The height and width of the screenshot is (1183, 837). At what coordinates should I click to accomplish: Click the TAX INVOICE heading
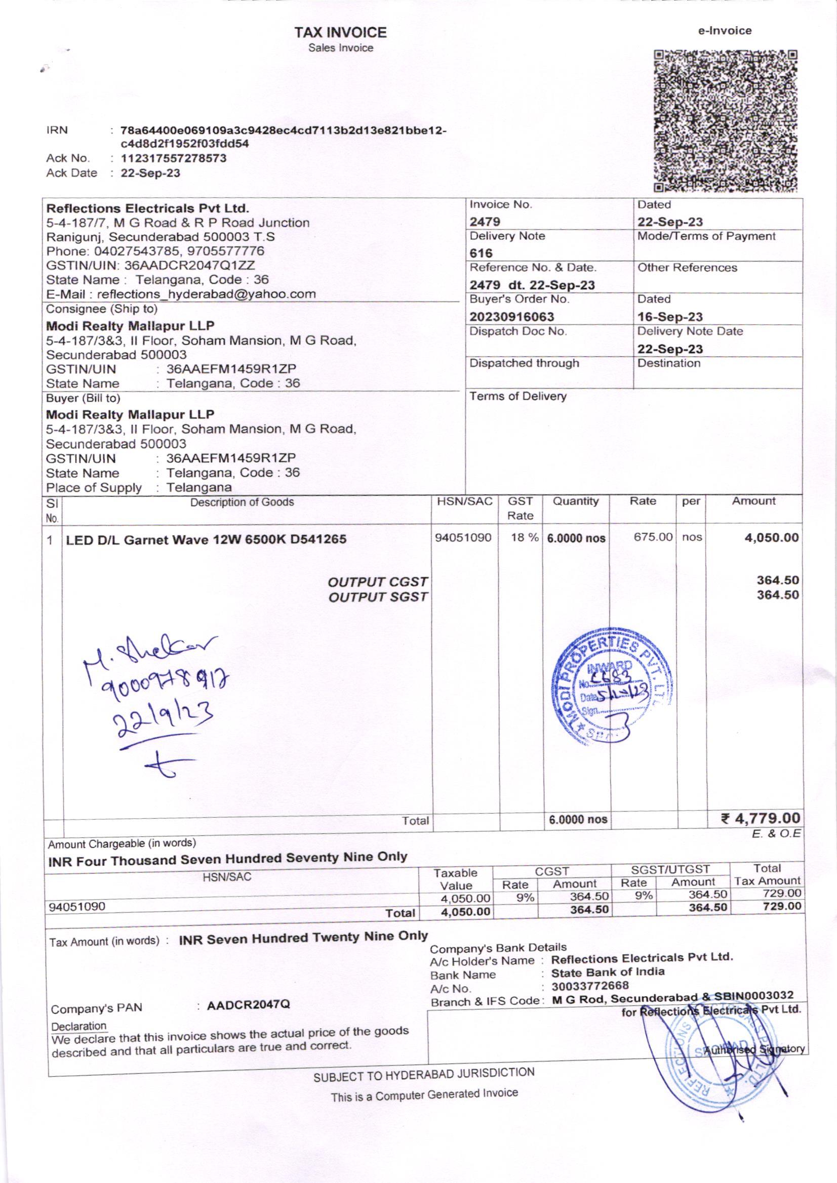click(x=340, y=32)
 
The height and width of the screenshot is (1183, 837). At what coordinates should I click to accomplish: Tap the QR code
click(x=726, y=120)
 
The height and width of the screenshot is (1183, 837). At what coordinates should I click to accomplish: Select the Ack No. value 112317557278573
click(x=173, y=158)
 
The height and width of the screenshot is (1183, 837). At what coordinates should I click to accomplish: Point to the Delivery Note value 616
click(x=481, y=253)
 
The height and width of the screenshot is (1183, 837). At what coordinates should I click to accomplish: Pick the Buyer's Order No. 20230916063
click(x=511, y=316)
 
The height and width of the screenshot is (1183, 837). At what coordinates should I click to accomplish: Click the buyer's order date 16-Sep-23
click(x=670, y=317)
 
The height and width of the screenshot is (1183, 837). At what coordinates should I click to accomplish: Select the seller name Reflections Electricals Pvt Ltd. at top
click(x=148, y=208)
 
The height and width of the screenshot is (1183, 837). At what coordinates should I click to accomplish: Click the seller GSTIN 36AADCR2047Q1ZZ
click(x=202, y=265)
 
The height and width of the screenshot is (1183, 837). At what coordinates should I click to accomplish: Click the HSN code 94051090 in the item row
click(x=463, y=537)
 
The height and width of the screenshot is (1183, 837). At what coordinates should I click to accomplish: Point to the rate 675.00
click(x=653, y=537)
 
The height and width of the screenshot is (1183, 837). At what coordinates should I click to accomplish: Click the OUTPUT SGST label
click(x=378, y=597)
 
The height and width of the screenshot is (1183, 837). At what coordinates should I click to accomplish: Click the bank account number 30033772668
click(x=590, y=986)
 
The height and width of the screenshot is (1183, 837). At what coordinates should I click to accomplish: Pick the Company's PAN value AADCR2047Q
click(x=248, y=1005)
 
